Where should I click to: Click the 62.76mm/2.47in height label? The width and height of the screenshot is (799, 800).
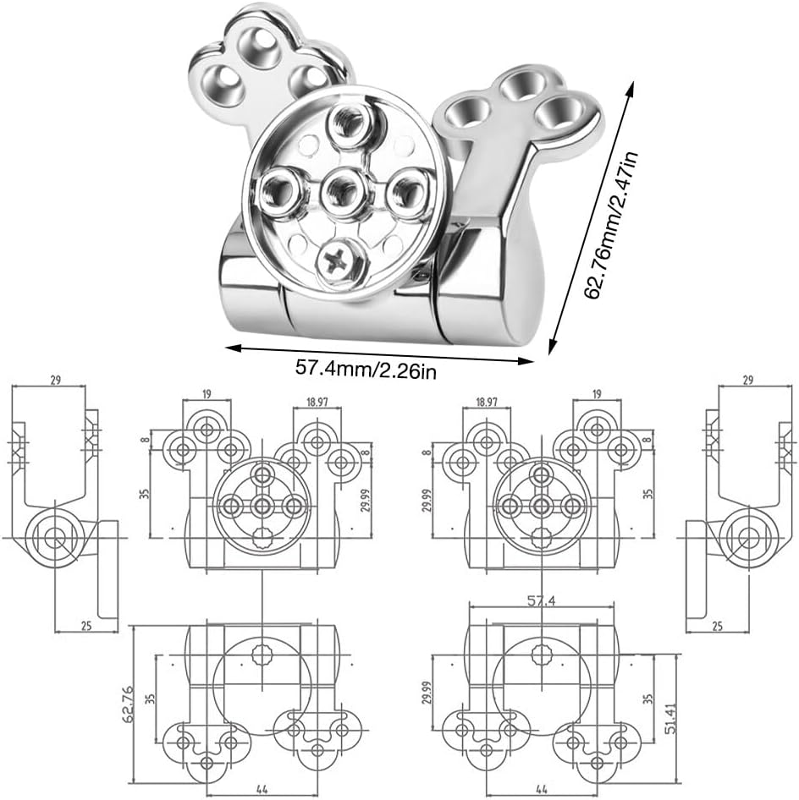point(611,225)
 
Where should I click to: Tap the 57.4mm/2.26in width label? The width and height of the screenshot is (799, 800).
point(366,369)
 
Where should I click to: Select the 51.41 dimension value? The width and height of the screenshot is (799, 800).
point(670,718)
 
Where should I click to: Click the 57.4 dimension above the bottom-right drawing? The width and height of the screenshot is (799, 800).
point(541,601)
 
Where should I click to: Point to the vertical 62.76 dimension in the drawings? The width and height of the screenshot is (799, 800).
point(128,703)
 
